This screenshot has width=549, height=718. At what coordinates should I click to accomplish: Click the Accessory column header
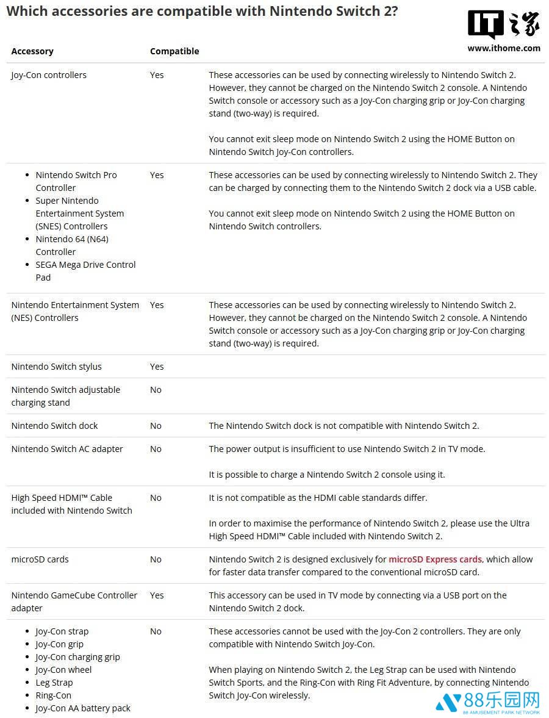pos(32,51)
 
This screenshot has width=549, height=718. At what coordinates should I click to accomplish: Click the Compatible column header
pos(174,51)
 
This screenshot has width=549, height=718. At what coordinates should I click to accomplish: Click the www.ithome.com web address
pos(504,48)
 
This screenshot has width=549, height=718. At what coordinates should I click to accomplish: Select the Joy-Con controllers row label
pos(49,75)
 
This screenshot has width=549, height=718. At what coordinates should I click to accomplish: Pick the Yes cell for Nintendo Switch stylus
pos(157,367)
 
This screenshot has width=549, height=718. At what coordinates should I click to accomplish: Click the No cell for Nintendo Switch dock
pos(156,426)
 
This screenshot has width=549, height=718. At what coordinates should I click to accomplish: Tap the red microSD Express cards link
pos(435,559)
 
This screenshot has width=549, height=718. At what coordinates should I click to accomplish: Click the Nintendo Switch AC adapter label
pos(67,449)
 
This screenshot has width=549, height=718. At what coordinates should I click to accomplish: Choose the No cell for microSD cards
pos(156,559)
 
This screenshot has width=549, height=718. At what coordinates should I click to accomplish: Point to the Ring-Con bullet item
pos(53,695)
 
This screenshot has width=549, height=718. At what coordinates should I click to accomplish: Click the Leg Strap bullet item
pos(54,683)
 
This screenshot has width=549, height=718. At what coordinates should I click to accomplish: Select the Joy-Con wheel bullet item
pos(63,670)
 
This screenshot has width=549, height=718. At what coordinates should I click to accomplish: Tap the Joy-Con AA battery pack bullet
pos(83,708)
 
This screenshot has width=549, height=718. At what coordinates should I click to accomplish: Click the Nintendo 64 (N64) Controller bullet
pos(72,245)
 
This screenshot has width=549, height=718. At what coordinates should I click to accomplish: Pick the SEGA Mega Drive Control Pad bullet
pos(85,271)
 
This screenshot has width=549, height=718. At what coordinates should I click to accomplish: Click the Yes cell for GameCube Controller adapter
pos(157,595)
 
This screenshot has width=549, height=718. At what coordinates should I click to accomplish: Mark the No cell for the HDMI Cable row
pos(156,498)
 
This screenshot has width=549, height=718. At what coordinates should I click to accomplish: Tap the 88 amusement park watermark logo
pos(488,702)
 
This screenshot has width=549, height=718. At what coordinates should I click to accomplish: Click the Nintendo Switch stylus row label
pos(56,367)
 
